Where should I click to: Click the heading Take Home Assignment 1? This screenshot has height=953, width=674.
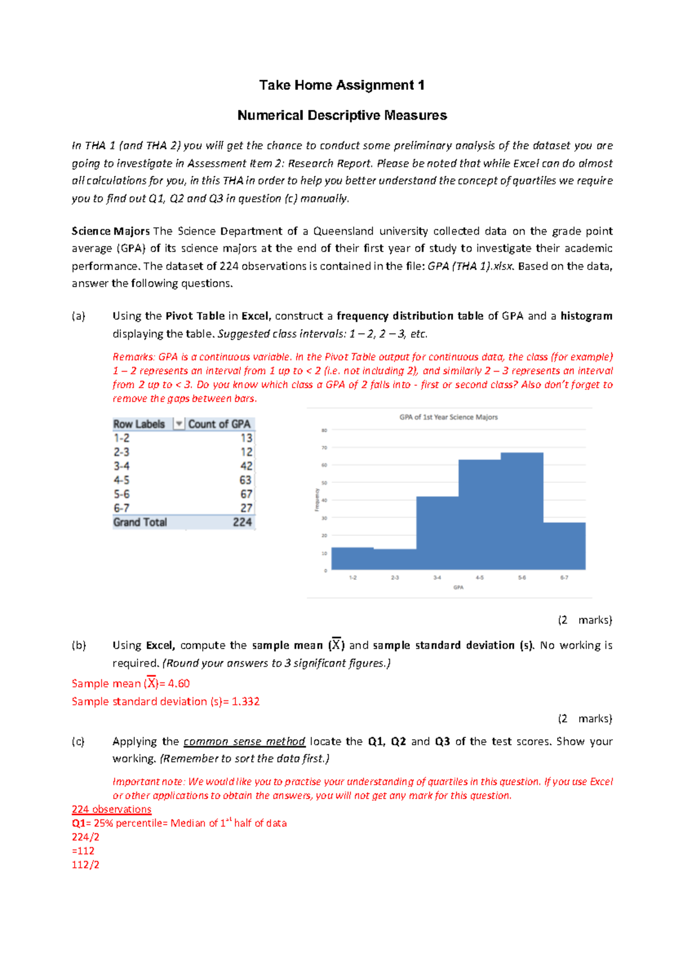click(x=341, y=85)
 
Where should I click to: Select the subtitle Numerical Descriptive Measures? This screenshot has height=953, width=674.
click(x=341, y=116)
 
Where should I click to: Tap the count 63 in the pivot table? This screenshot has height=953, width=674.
click(x=245, y=480)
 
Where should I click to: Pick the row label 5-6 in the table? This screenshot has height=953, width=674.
click(x=121, y=494)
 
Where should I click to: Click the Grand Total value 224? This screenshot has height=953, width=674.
click(x=242, y=523)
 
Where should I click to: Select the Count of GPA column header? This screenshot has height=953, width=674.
click(x=219, y=424)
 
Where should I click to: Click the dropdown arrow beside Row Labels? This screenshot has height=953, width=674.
click(x=179, y=424)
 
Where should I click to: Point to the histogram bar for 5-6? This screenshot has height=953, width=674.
click(x=522, y=511)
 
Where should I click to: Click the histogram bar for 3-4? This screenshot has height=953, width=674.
click(x=437, y=533)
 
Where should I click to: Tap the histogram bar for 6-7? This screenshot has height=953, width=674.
click(x=564, y=546)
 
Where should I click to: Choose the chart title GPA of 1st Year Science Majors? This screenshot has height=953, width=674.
click(x=448, y=417)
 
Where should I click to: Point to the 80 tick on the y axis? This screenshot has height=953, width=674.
click(x=324, y=431)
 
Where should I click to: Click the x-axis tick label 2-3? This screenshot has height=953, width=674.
click(x=395, y=578)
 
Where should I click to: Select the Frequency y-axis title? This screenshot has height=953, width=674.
click(x=317, y=500)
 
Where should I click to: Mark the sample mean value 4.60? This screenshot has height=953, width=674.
click(x=179, y=684)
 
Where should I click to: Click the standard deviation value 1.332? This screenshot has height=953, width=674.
click(x=245, y=702)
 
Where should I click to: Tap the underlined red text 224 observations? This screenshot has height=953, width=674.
click(x=111, y=809)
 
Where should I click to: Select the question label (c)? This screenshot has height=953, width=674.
click(x=78, y=741)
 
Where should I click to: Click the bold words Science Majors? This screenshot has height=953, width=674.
click(x=111, y=231)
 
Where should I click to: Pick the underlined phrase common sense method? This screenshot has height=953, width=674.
click(x=244, y=741)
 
